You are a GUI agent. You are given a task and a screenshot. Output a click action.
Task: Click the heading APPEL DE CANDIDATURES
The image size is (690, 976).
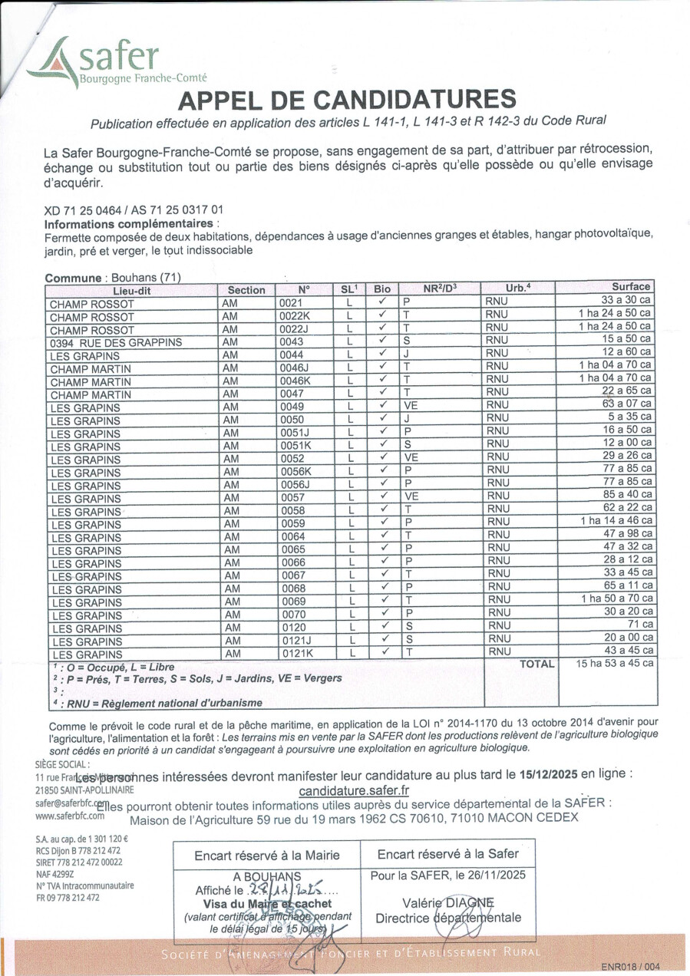(347, 100)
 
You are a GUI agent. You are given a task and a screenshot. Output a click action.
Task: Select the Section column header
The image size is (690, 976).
(246, 290)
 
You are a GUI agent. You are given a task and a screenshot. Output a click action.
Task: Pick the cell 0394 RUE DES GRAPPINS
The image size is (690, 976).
(116, 342)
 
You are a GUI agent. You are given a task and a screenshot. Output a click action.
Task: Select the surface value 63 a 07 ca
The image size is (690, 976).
(628, 404)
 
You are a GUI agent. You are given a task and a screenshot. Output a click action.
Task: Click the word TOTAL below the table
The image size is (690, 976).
(536, 664)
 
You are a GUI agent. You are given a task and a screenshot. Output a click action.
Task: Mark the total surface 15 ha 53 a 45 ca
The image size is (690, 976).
(616, 663)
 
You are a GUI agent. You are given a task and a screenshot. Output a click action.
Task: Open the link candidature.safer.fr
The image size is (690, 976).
(353, 790)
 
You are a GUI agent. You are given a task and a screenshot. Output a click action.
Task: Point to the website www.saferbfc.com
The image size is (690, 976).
(69, 816)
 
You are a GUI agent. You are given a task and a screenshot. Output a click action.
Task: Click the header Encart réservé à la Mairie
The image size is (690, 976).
(266, 855)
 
